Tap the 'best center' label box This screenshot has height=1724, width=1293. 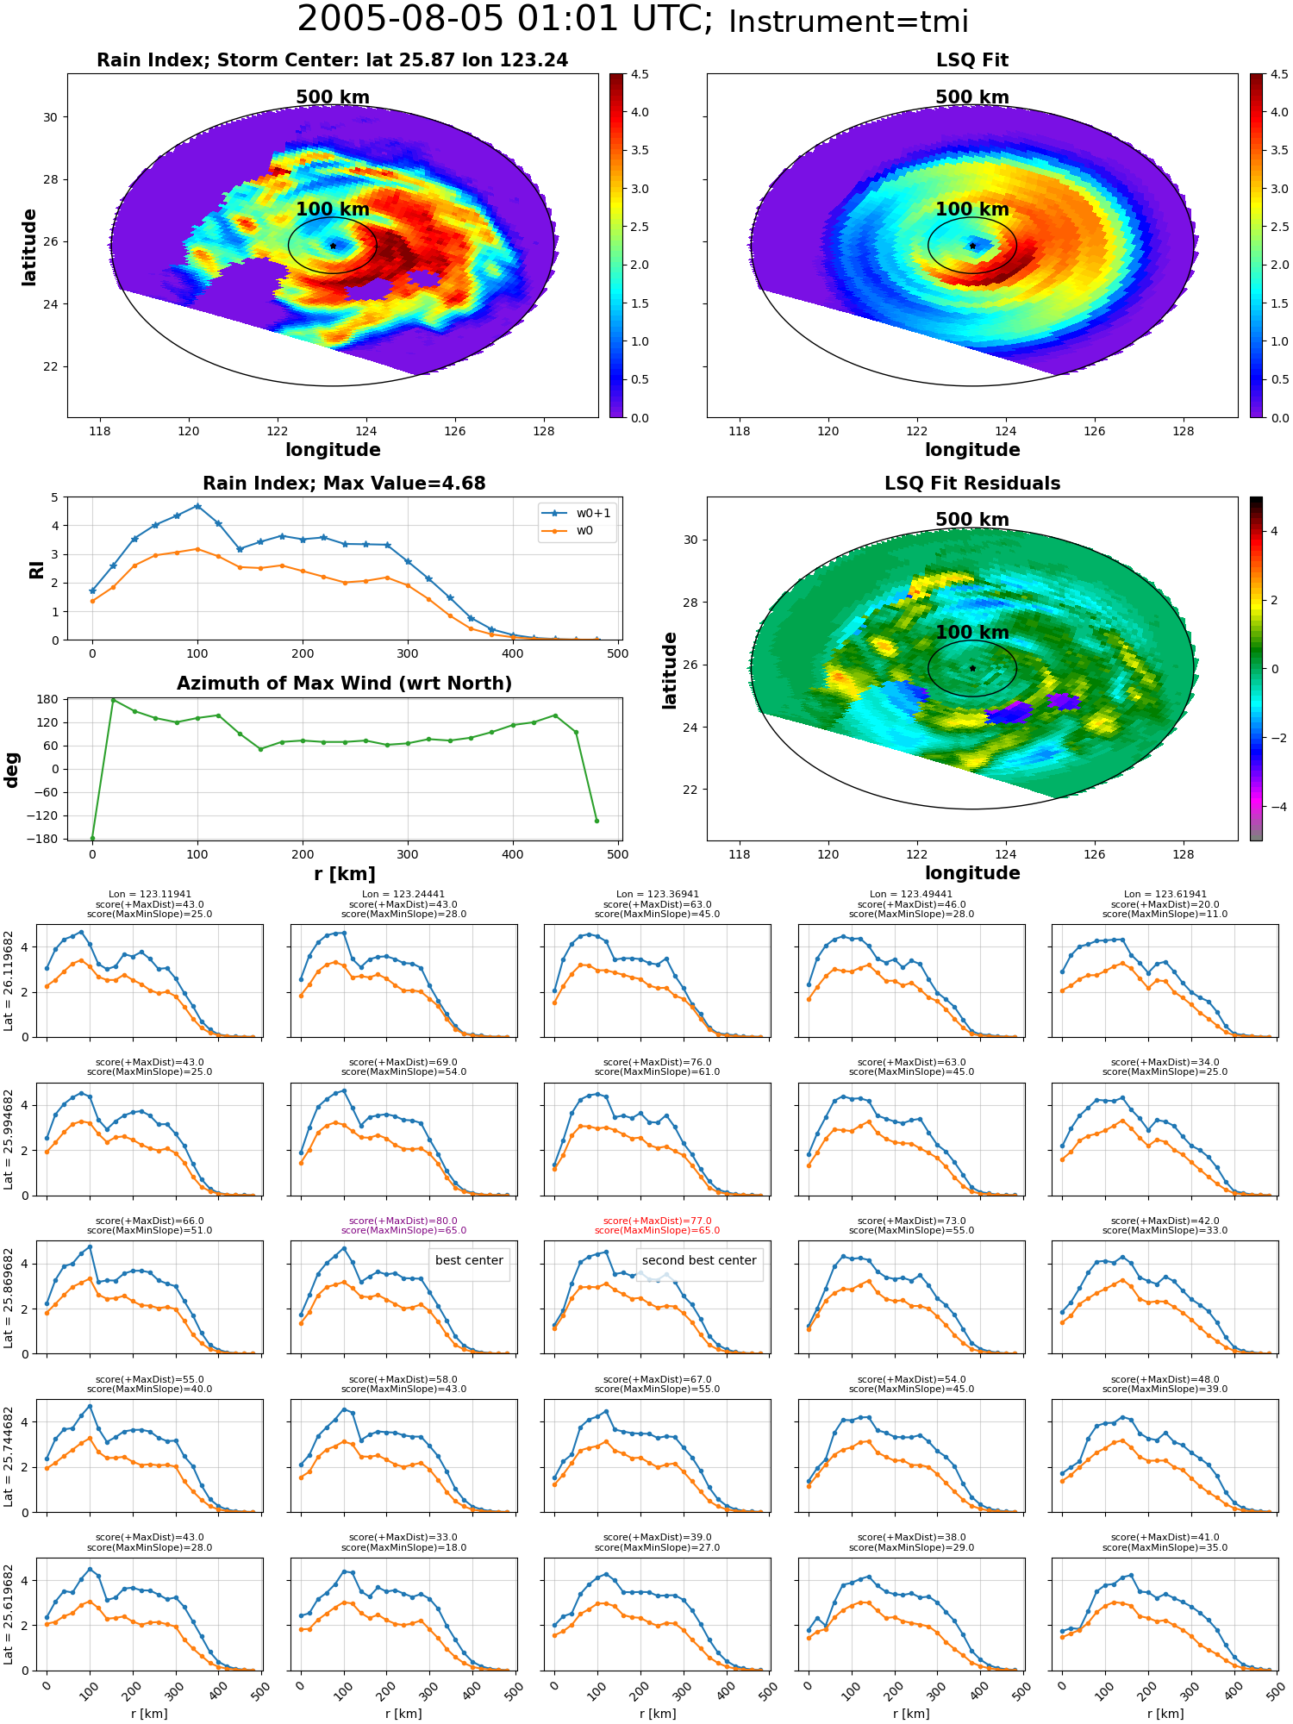click(x=469, y=1260)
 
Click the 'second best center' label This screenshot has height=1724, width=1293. click(x=699, y=1260)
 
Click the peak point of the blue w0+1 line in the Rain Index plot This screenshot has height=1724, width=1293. click(x=197, y=506)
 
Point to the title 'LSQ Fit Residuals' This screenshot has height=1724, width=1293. click(x=972, y=484)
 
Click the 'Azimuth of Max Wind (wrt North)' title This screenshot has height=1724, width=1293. click(x=344, y=684)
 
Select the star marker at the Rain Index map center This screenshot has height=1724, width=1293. click(x=333, y=246)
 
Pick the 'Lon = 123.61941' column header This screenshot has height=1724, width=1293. click(x=1165, y=895)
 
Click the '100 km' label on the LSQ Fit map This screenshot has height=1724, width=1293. click(x=972, y=209)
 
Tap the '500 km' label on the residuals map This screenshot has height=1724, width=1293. click(x=972, y=520)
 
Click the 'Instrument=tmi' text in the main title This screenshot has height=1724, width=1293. click(x=848, y=22)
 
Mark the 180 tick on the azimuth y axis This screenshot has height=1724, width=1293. click(x=47, y=699)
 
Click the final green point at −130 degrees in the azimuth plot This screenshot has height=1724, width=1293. click(x=597, y=821)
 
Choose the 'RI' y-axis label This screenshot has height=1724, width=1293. click(x=36, y=569)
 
